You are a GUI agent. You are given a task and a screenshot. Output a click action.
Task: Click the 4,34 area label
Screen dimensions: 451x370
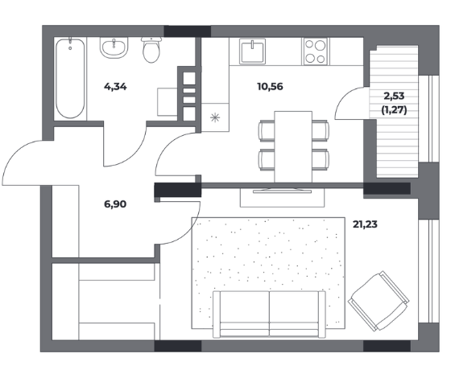coord(115,87)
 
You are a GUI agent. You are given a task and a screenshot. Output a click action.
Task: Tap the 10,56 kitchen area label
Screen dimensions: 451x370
coord(270,86)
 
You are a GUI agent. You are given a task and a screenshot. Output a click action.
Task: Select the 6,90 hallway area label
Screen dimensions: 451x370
coord(115,204)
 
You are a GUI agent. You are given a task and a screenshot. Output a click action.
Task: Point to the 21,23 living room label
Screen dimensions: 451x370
coord(365,224)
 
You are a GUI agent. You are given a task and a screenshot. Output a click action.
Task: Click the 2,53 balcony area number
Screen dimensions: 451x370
coord(394,96)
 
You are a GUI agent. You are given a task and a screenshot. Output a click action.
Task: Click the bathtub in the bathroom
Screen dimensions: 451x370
coord(70,78)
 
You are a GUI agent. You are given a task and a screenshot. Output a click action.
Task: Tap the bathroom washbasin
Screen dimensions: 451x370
coord(114,47)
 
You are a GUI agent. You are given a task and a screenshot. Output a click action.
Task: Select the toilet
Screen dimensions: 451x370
coord(151,49)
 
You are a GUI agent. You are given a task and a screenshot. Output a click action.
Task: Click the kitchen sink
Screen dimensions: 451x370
coord(253,51)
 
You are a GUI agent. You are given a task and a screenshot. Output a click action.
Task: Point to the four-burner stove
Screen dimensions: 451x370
coord(315,51)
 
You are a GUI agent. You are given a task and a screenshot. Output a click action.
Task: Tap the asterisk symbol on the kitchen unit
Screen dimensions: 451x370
coord(215,117)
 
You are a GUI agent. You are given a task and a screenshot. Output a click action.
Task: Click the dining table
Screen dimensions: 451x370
coord(293,146)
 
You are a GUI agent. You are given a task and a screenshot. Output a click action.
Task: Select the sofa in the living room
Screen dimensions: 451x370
coord(269,314)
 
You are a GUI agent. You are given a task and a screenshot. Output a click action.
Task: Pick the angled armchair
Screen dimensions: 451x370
coord(379,301)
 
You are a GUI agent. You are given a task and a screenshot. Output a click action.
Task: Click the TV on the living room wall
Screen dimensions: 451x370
coord(282,191)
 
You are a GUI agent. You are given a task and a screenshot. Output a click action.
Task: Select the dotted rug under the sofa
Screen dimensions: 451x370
coord(268,273)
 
